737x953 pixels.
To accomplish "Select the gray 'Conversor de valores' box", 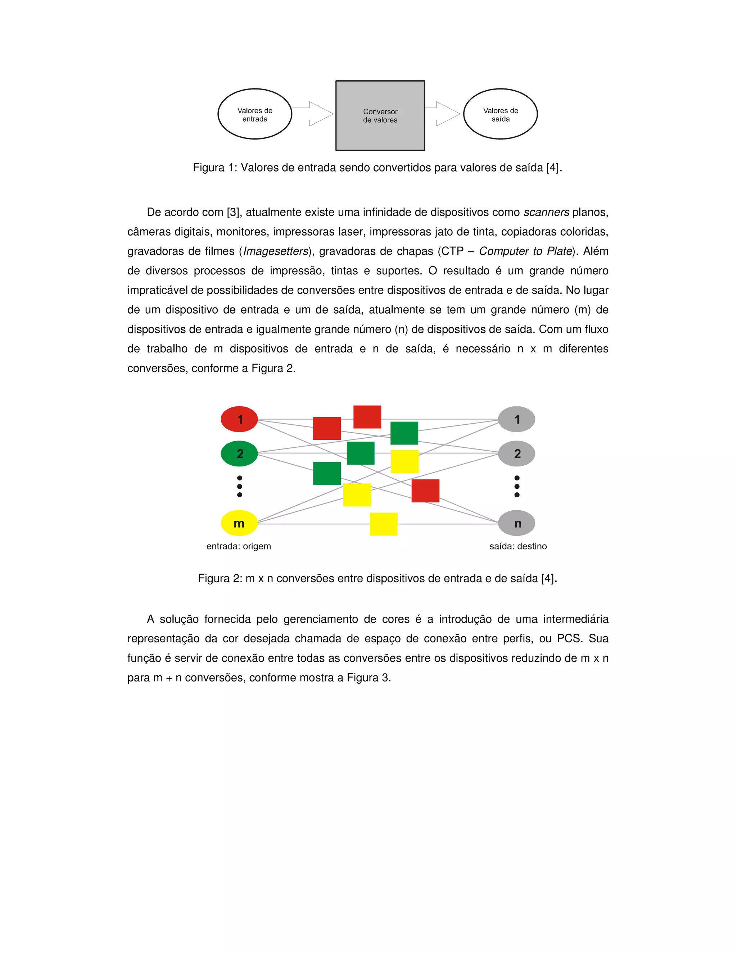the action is coord(380,116).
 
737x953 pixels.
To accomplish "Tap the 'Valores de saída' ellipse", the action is coord(500,114).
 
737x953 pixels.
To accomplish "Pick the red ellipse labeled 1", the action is coord(239,419).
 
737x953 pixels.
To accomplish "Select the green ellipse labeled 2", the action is coord(239,454).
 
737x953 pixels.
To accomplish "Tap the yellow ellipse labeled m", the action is coord(239,523).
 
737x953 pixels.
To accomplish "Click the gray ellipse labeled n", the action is coord(517,523).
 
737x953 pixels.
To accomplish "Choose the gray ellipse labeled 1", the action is coord(517,419).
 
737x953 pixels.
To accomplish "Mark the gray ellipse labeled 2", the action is coord(517,454).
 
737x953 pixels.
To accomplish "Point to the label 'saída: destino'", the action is coord(518,546).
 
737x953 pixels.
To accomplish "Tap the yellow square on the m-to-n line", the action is coord(383,524).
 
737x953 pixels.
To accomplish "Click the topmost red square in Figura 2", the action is coord(367,417).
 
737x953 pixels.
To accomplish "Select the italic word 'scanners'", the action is coord(546,213).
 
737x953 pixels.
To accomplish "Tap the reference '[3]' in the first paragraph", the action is coord(234,213).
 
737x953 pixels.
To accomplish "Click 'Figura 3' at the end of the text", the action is coord(368,678).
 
